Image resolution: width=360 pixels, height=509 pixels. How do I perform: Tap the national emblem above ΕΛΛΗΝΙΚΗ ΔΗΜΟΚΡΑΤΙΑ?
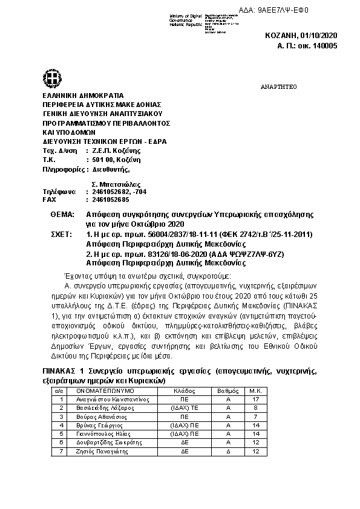pyautogui.click(x=51, y=78)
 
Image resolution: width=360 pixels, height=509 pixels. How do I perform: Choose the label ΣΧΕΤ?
pyautogui.click(x=62, y=233)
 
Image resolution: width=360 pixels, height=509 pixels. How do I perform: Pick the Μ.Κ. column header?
pyautogui.click(x=256, y=391)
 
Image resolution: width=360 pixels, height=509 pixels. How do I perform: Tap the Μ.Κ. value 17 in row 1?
pyautogui.click(x=256, y=400)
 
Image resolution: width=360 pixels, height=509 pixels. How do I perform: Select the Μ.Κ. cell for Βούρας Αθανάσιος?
pyautogui.click(x=256, y=417)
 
